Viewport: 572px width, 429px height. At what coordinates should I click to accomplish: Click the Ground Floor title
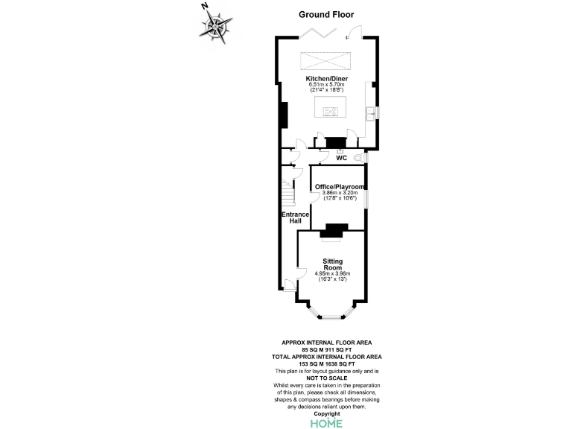[326, 14]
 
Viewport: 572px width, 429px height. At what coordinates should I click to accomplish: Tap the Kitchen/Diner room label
[327, 77]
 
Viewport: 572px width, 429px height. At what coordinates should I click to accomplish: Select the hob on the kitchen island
[329, 112]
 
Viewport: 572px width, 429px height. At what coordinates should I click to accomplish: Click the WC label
[341, 158]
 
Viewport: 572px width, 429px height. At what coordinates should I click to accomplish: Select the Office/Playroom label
[339, 186]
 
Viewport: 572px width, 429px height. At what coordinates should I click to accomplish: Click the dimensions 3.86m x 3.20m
[339, 193]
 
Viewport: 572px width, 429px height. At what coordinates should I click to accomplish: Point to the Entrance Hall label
[295, 217]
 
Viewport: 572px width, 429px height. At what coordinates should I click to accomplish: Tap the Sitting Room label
[332, 264]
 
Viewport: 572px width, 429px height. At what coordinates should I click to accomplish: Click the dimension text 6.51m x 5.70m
[327, 84]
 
